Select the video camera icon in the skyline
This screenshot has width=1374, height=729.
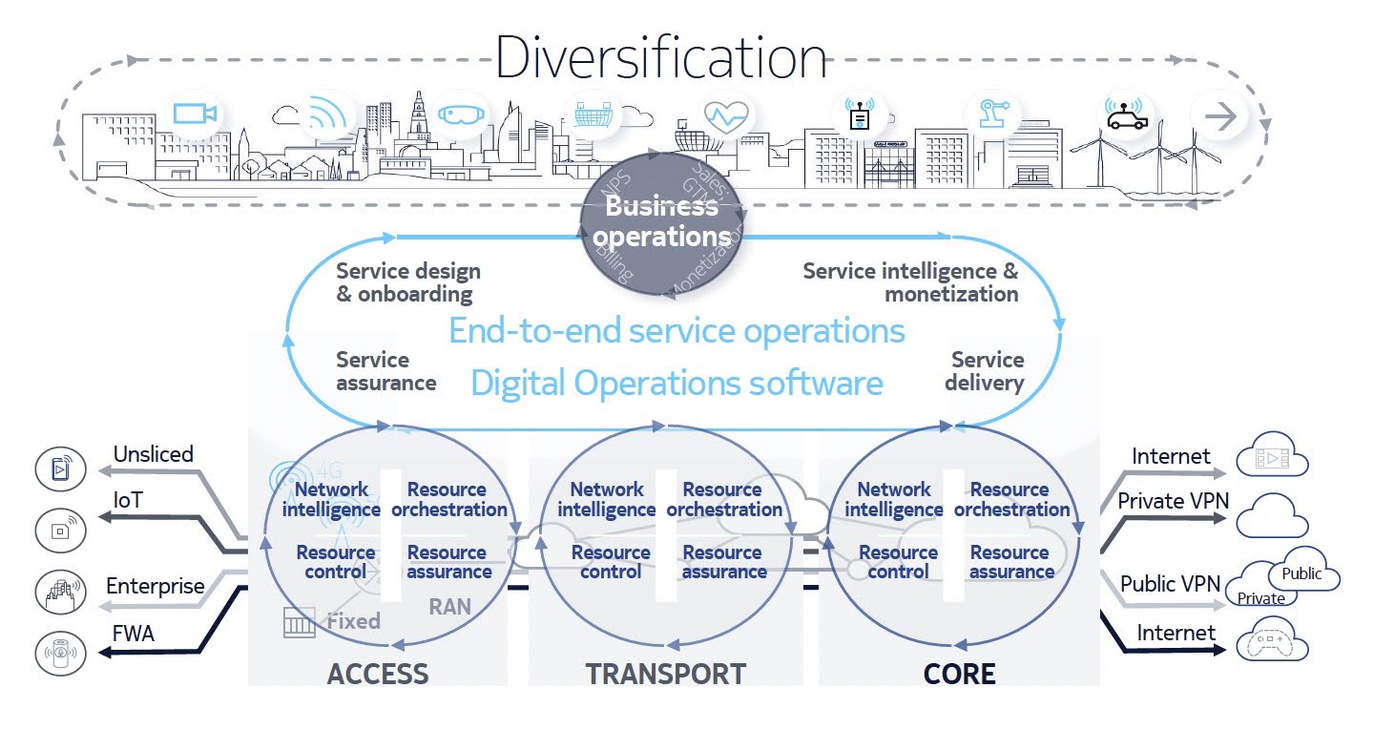196,115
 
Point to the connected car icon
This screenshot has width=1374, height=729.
1125,115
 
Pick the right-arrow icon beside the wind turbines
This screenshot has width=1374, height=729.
1219,116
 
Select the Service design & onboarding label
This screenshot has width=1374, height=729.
408,282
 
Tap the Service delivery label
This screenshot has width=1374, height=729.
986,371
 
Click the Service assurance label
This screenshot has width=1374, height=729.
385,371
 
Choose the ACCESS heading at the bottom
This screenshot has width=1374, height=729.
378,674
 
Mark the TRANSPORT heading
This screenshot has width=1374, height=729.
666,674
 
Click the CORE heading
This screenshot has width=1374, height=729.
959,674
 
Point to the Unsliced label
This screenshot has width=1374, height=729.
153,454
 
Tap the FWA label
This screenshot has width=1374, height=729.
134,634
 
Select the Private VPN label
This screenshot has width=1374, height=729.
1173,501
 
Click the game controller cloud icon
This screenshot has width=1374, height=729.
1273,643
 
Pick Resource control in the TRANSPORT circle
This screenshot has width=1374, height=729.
611,562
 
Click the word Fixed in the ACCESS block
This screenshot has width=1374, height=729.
353,621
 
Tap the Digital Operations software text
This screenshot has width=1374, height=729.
677,383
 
